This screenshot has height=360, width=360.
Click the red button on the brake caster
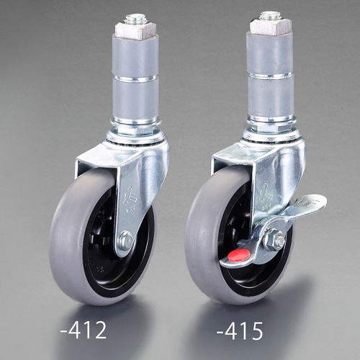coord(240,254)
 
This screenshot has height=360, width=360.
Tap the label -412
coord(84,330)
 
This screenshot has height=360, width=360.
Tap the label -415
coord(240,330)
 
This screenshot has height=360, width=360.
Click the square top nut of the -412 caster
coord(135,30)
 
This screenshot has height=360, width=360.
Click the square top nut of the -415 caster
coord(271,27)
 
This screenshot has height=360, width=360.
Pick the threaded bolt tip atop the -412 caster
coord(135,18)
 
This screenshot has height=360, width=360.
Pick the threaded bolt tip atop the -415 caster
coord(271,14)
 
